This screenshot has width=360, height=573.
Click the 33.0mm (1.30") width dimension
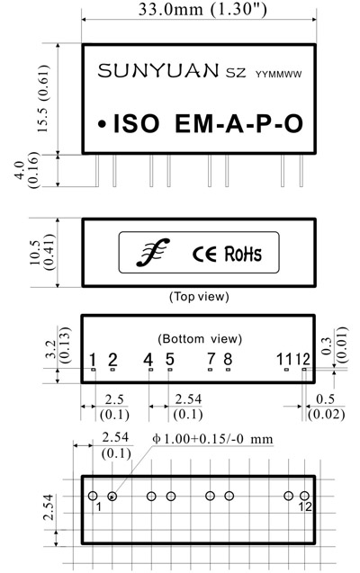[x=202, y=9]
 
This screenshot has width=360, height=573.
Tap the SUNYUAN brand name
[x=157, y=70]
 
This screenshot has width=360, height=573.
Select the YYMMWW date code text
[x=278, y=75]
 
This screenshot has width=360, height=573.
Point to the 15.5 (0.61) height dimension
[x=43, y=98]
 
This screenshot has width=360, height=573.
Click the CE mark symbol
[x=204, y=254]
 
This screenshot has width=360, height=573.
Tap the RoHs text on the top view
[x=243, y=254]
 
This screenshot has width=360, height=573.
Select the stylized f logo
[x=153, y=252]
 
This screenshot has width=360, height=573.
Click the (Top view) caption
[x=199, y=296]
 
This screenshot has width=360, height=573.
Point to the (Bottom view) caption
[x=200, y=339]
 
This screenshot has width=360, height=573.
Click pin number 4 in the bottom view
[x=148, y=360]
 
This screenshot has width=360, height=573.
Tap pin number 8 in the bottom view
[x=228, y=360]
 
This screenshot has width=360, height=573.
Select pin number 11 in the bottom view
[x=284, y=360]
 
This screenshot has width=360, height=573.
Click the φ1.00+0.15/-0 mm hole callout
[x=212, y=439]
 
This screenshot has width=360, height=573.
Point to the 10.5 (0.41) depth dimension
[x=43, y=253]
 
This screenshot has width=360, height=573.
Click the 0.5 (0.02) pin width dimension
[x=326, y=407]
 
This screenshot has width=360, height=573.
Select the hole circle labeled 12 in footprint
[x=304, y=496]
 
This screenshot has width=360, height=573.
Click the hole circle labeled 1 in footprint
[x=93, y=496]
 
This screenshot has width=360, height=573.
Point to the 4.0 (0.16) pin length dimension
[x=27, y=170]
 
